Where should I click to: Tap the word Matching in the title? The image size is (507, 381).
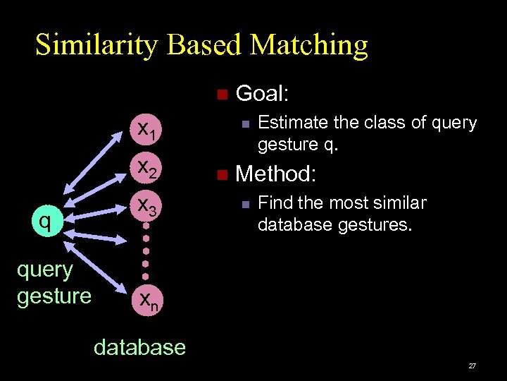[309, 45]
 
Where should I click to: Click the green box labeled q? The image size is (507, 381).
[45, 222]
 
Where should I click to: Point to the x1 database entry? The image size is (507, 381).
[147, 129]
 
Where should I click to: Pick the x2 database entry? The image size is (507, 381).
[147, 167]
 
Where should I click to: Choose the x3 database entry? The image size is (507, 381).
[147, 205]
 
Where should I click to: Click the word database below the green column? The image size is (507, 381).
[139, 347]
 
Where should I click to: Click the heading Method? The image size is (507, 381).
[275, 173]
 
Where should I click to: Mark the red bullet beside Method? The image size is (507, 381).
[221, 174]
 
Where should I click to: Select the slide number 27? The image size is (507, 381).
[472, 366]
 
